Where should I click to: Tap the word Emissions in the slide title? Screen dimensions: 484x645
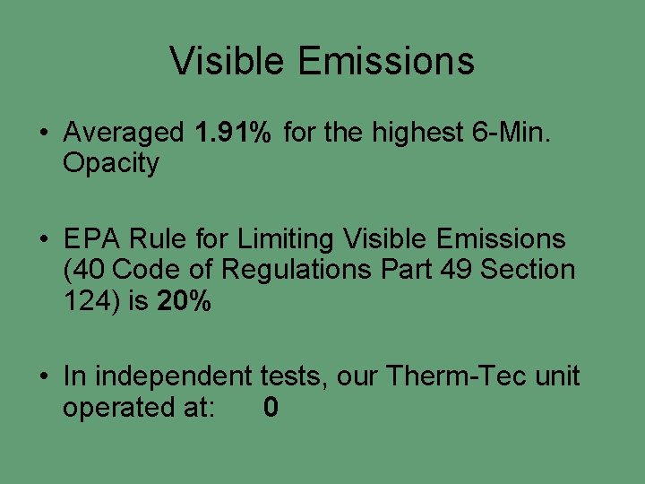click(386, 61)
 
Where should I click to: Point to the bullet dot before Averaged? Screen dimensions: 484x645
click(43, 134)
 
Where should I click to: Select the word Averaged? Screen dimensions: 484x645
click(123, 133)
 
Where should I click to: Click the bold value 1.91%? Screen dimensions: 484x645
click(232, 133)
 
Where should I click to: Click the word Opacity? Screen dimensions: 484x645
click(110, 163)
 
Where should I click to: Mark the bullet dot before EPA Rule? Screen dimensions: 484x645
click(43, 239)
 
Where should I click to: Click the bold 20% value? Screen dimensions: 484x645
click(184, 300)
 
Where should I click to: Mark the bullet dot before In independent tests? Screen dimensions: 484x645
click(43, 376)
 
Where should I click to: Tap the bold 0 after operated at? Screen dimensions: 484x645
click(271, 408)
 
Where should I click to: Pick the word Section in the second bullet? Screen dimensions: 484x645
click(529, 269)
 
